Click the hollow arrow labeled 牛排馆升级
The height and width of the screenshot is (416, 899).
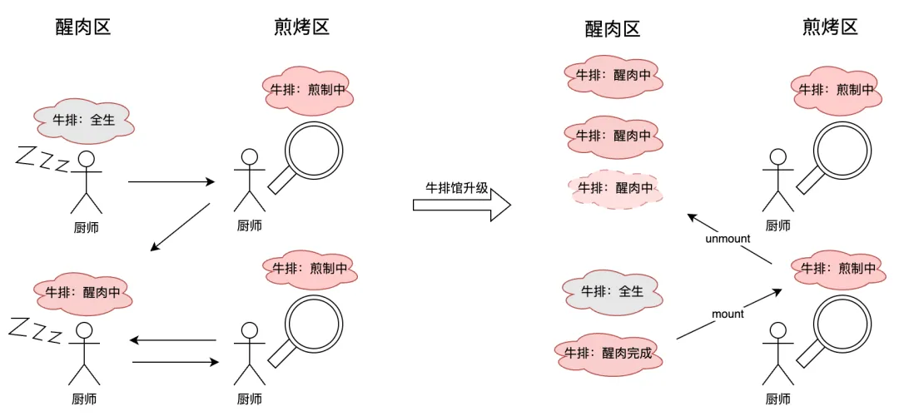tap(462, 206)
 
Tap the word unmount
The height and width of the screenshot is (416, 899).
tap(728, 238)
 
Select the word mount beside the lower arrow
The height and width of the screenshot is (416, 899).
tap(728, 314)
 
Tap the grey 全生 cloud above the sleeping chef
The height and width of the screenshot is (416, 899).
tap(84, 120)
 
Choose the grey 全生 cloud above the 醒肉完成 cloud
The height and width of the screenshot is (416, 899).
tap(612, 291)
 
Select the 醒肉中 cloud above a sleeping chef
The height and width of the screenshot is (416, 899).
tap(83, 292)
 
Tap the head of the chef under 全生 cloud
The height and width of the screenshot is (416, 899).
tap(86, 159)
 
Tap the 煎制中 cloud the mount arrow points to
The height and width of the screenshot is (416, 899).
tap(835, 268)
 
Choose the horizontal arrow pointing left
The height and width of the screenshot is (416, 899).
tap(173, 340)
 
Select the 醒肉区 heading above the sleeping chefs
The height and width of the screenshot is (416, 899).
tap(83, 27)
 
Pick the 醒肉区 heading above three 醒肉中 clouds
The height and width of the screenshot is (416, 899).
tap(613, 29)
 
